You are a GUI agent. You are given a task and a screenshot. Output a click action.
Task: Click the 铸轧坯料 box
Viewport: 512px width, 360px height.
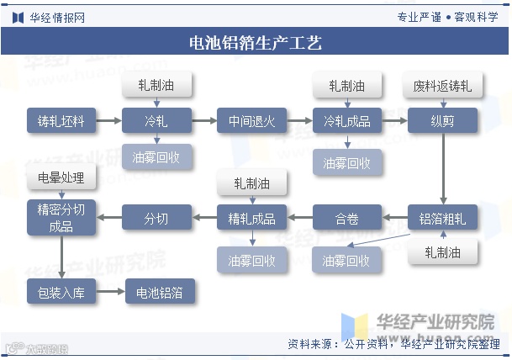tap(61, 121)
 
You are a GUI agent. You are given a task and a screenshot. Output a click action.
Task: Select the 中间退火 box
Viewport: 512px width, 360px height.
tap(252, 121)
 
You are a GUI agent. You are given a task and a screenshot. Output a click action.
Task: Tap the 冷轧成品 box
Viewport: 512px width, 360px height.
tap(347, 121)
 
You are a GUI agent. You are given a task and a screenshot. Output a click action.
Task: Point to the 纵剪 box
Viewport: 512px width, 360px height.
tap(443, 121)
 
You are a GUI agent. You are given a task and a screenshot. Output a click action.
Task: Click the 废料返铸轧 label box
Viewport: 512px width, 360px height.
tap(443, 86)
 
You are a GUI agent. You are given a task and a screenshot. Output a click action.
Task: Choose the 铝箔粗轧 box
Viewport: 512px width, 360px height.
tap(443, 219)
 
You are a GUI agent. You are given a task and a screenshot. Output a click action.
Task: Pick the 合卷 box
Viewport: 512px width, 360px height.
tap(347, 219)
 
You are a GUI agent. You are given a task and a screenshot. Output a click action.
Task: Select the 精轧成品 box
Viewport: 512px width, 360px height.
tap(252, 219)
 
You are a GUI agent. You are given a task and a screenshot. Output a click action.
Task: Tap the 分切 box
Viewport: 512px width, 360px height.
tap(156, 219)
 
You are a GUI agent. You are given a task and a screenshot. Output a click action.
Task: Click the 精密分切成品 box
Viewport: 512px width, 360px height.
tap(61, 218)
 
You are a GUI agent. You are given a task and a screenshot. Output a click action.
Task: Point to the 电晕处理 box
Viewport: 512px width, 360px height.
tap(61, 178)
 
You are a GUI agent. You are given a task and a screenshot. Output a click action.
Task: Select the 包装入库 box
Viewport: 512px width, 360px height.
tap(61, 293)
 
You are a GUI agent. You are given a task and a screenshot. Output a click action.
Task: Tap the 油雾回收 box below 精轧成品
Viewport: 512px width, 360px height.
tap(252, 261)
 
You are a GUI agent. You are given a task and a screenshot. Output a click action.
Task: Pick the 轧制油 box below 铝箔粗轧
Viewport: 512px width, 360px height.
tap(443, 251)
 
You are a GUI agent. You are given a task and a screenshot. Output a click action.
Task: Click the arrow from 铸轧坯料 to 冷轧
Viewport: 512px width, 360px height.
tap(108, 121)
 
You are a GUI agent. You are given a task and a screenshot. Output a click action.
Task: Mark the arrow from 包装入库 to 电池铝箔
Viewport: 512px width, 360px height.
tap(110, 293)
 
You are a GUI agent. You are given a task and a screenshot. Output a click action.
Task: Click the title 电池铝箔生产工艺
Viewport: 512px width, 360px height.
tap(256, 42)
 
